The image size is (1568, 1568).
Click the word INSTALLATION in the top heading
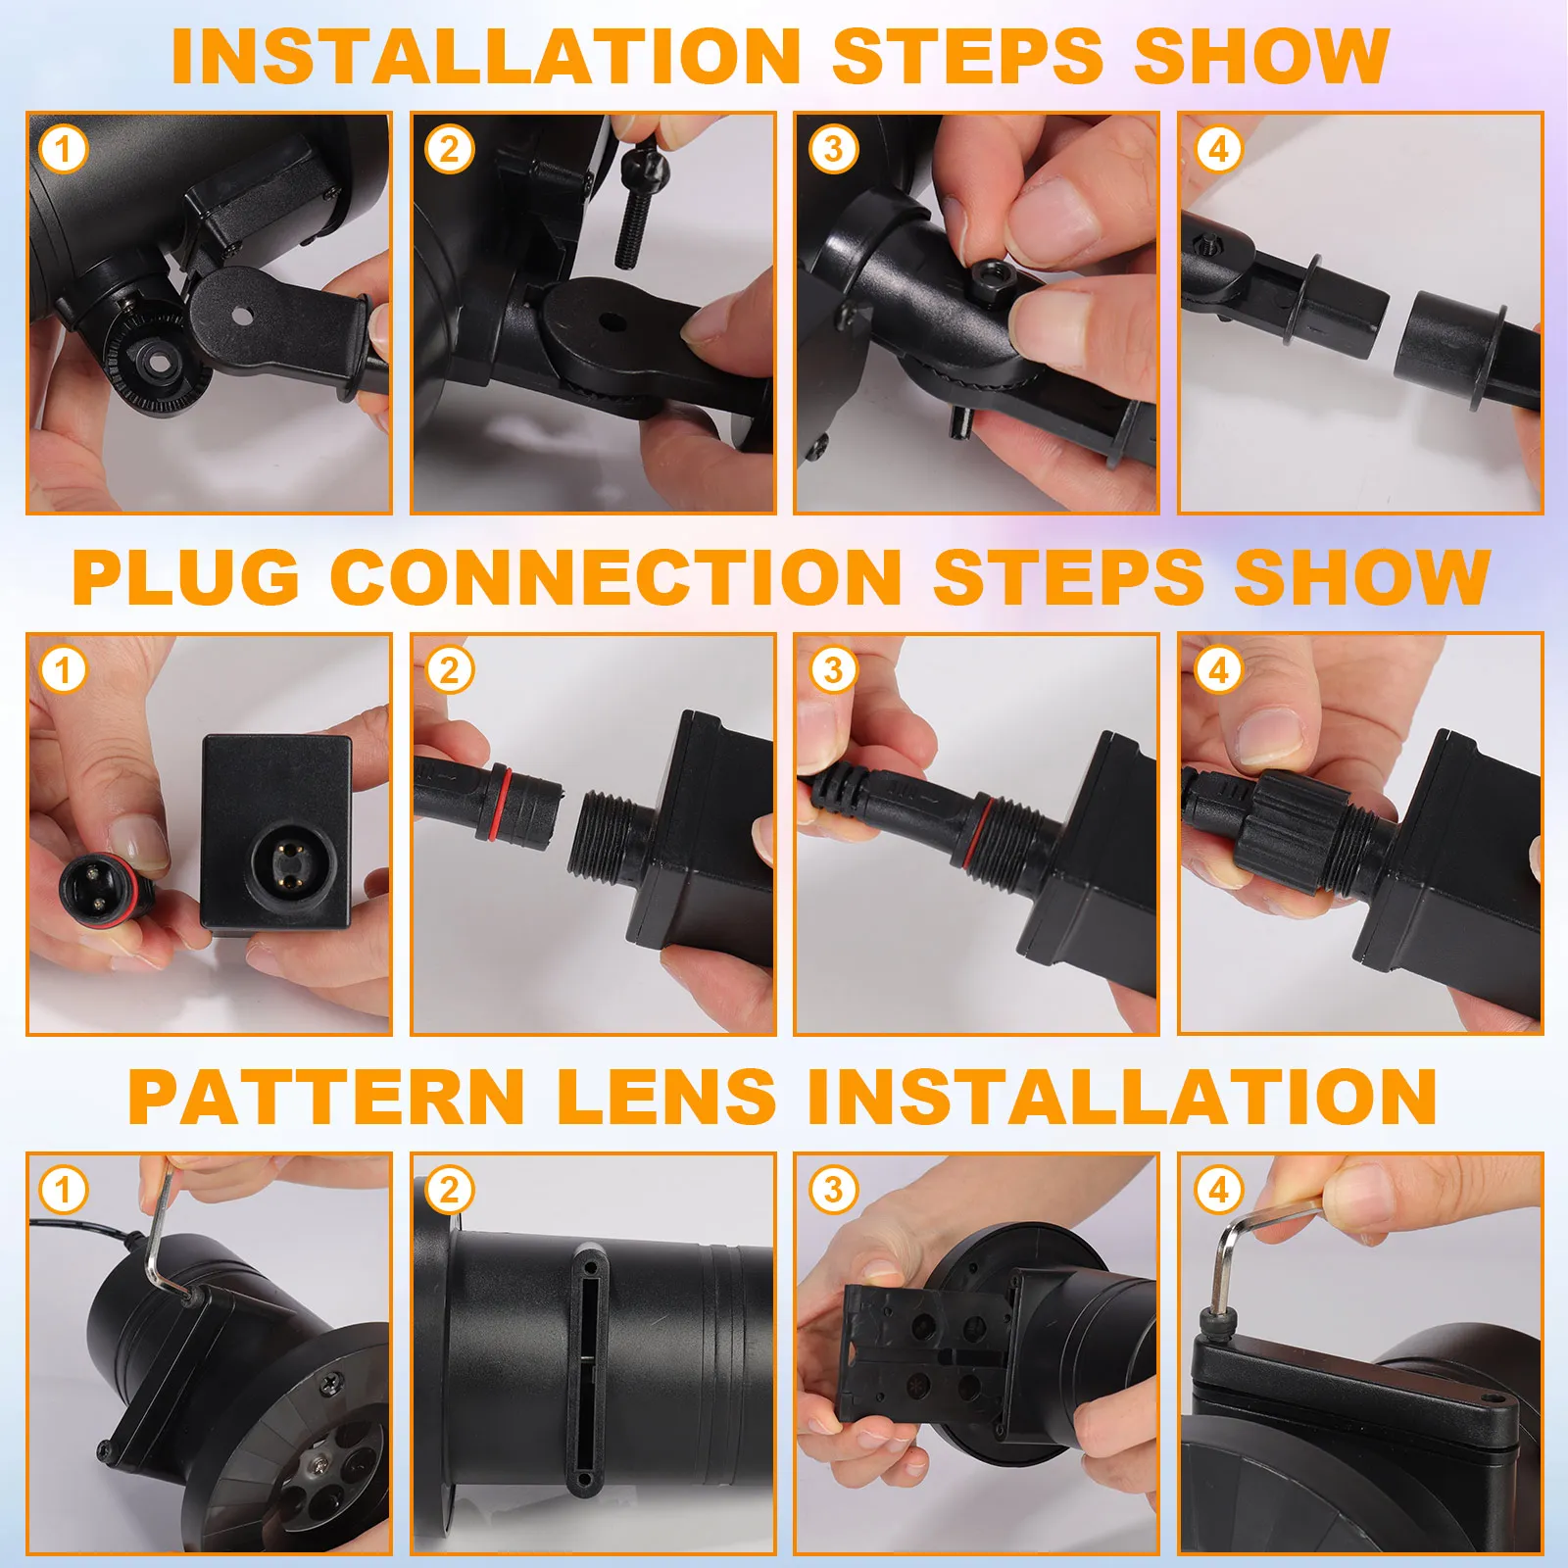pyautogui.click(x=486, y=57)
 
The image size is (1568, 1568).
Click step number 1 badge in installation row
pyautogui.click(x=64, y=150)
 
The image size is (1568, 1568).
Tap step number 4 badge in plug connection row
pyautogui.click(x=1218, y=670)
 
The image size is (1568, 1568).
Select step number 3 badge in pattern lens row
pyautogui.click(x=833, y=1190)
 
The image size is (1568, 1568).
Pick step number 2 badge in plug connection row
pyautogui.click(x=449, y=670)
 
